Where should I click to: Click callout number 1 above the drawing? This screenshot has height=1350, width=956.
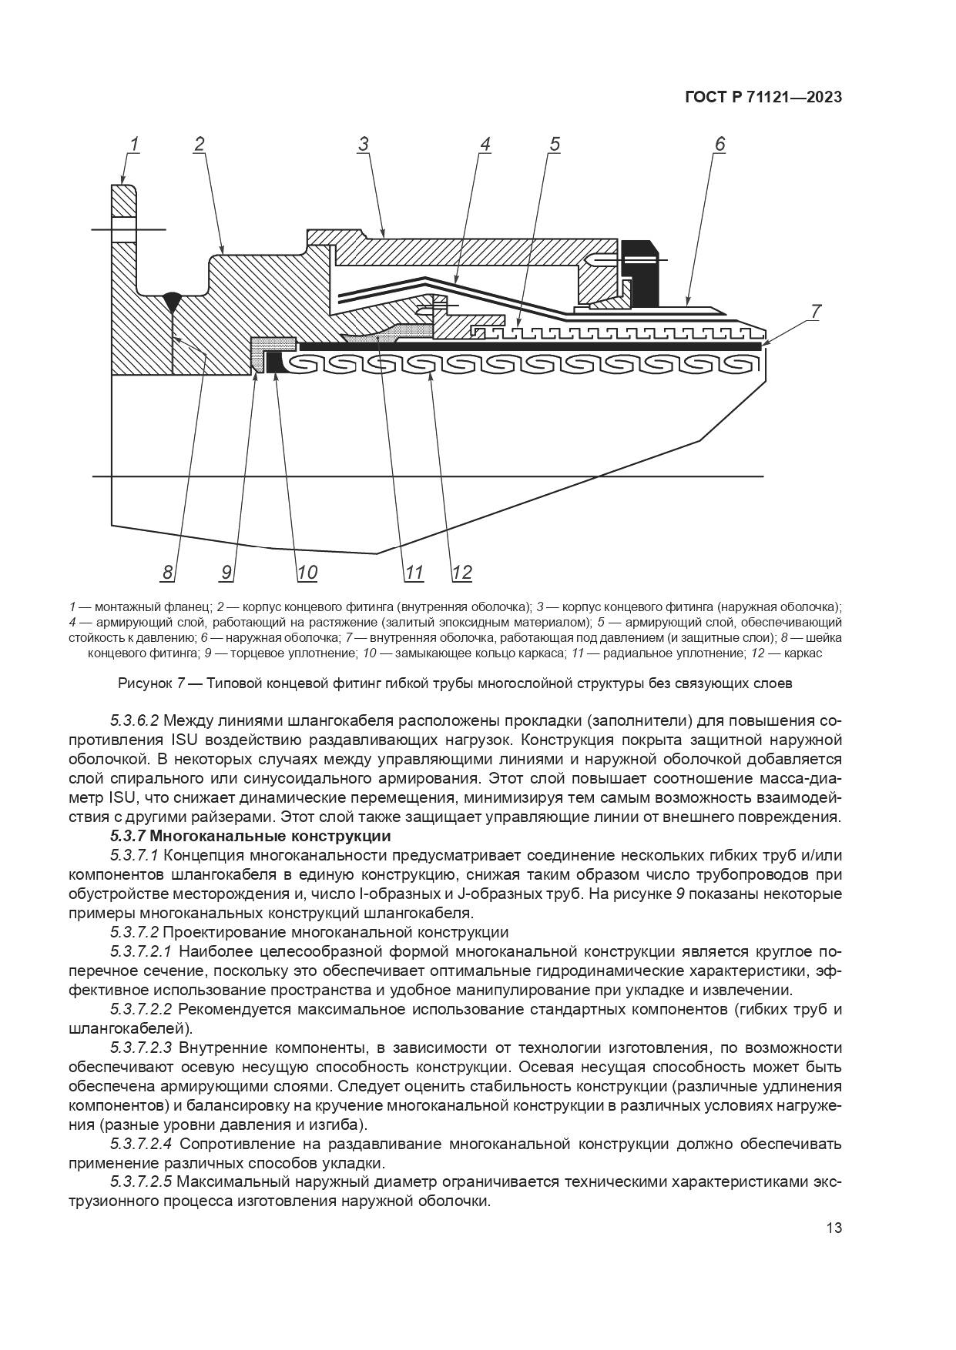click(133, 145)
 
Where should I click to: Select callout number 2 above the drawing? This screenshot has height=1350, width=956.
click(199, 145)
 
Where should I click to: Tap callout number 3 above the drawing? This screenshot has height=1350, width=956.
click(363, 145)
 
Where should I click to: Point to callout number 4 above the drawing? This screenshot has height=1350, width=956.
click(485, 145)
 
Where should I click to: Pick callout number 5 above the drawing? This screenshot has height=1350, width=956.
click(554, 145)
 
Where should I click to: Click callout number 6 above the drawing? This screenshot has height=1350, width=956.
click(720, 145)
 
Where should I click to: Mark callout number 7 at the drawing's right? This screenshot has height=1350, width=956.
click(815, 312)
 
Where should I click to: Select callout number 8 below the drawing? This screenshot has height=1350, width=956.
click(168, 573)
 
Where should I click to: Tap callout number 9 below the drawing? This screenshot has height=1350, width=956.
click(226, 573)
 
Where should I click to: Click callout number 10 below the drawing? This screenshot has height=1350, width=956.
click(307, 573)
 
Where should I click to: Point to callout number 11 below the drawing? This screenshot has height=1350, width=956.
click(414, 573)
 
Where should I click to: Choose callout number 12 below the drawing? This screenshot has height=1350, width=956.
click(461, 573)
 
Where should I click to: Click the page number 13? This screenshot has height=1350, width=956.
click(834, 1228)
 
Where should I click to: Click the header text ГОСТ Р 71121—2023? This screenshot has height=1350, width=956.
click(763, 98)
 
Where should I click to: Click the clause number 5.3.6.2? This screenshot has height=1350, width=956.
click(134, 721)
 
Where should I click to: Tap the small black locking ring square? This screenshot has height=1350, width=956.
click(272, 362)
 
